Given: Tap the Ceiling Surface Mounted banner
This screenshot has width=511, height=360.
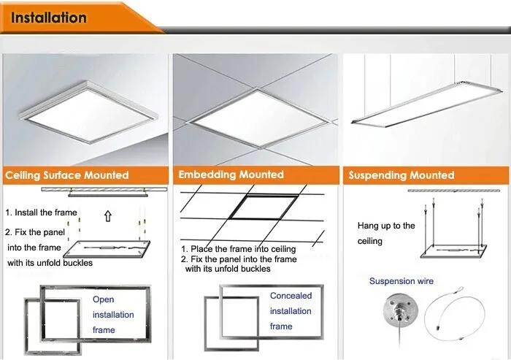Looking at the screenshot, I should tap(67, 175).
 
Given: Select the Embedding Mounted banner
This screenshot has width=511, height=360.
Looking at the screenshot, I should tap(231, 175).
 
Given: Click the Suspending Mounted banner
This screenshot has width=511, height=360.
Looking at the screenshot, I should tap(401, 175).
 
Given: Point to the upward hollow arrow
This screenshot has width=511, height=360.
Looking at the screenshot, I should tap(108, 216).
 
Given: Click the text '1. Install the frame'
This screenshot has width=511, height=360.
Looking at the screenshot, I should tap(42, 212).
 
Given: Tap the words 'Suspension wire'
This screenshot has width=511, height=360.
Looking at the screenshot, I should tap(401, 281).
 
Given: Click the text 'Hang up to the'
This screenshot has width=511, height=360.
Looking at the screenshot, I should tap(386, 226).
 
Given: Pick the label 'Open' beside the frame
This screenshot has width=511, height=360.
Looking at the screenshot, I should tap(103, 299).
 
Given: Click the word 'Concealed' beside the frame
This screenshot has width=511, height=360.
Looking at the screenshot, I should tap(291, 296).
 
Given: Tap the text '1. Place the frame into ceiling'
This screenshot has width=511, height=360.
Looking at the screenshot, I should tap(239, 250).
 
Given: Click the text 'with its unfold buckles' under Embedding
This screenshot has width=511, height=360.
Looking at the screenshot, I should tap(228, 269).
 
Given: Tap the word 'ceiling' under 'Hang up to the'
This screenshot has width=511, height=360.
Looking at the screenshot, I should tap(370, 241).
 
